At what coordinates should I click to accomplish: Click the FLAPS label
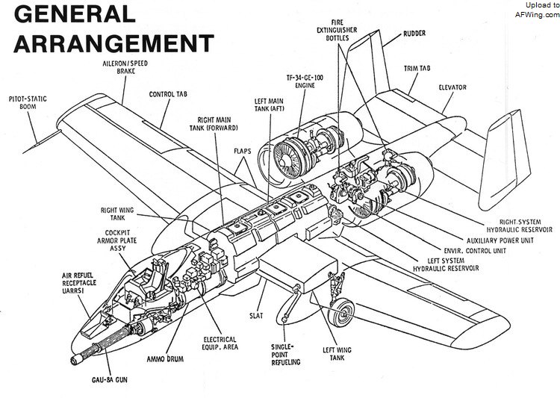(x=241, y=149)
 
